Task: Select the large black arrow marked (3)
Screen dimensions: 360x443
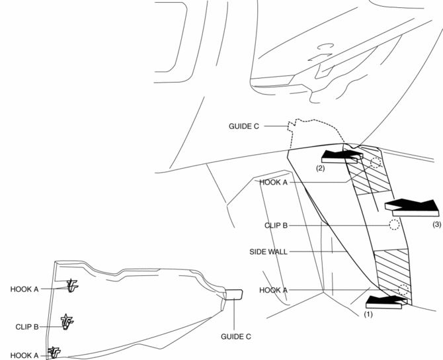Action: pos(411,206)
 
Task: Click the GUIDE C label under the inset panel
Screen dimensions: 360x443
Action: pos(235,336)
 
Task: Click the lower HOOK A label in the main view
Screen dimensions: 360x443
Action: pos(274,290)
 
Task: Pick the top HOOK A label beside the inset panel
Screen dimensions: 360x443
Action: pos(24,289)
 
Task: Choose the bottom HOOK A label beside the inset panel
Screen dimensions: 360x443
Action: pos(24,355)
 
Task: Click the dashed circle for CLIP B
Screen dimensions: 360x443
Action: pos(393,224)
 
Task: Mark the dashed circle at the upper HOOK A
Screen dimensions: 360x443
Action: pos(376,163)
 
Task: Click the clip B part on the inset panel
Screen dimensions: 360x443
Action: pos(67,322)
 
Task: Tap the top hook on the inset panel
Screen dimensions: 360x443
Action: pos(73,286)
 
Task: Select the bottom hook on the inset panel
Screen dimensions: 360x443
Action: pos(54,351)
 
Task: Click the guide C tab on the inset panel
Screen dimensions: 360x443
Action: pos(234,294)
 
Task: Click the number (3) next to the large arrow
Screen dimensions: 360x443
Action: pos(436,225)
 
